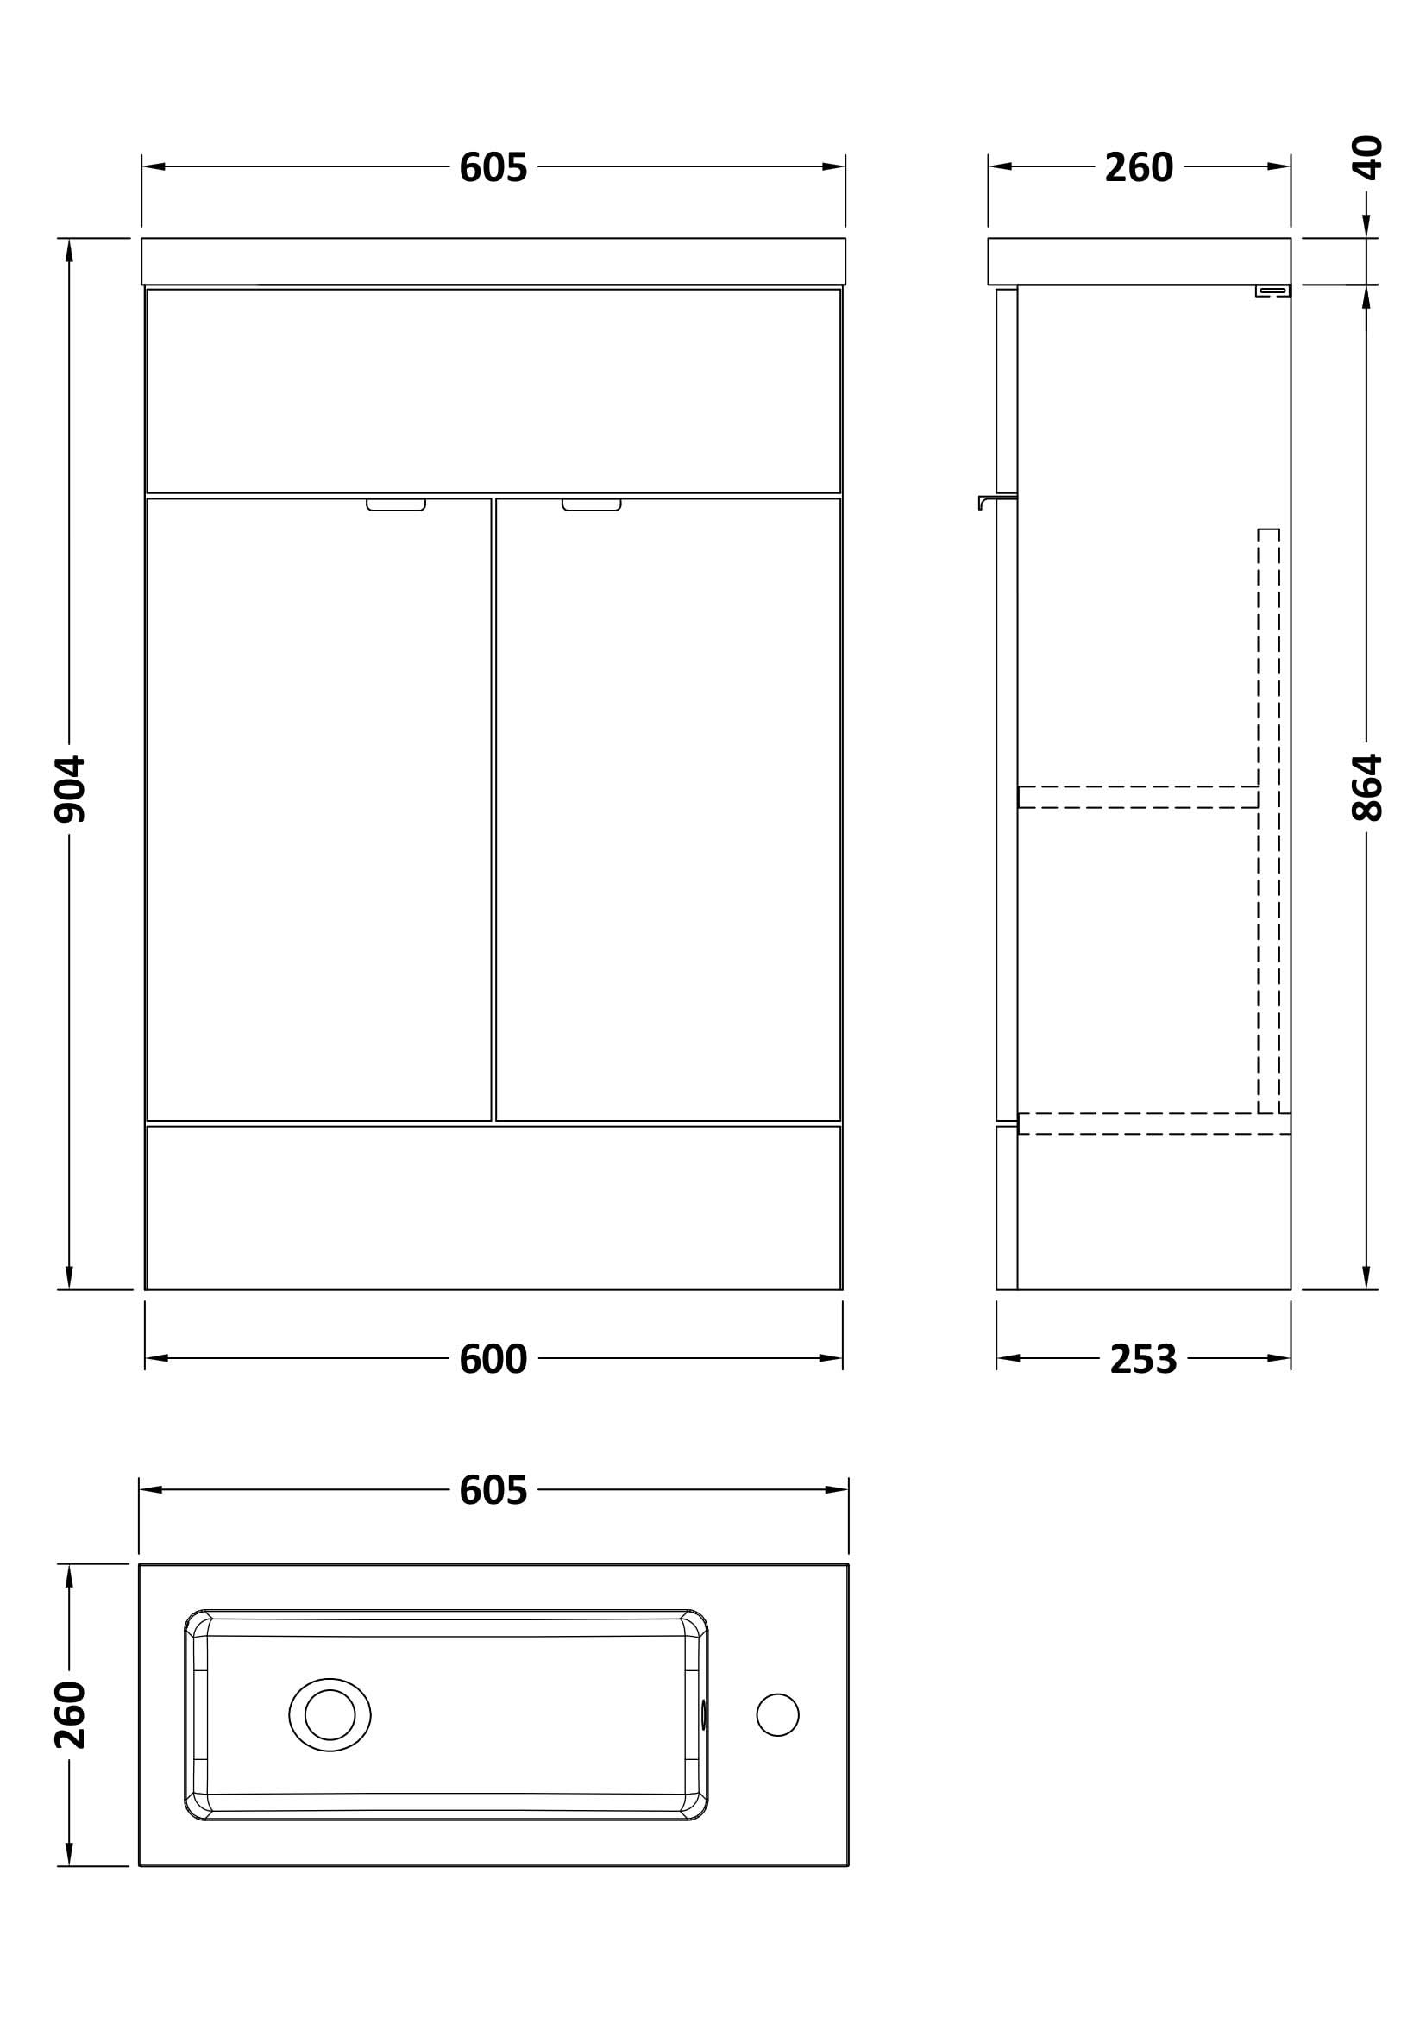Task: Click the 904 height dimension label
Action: (x=69, y=788)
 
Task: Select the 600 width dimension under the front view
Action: (x=493, y=1359)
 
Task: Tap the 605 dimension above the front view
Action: (x=493, y=167)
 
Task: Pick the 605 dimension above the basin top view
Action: (x=493, y=1490)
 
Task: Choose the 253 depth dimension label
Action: (x=1143, y=1359)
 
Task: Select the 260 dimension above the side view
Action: (x=1139, y=167)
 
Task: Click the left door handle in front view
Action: (x=395, y=504)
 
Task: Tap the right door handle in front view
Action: (x=590, y=504)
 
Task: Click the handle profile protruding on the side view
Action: (x=995, y=500)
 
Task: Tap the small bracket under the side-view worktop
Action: (x=1272, y=291)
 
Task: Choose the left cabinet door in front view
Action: (x=318, y=809)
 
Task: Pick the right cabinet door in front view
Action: (x=668, y=809)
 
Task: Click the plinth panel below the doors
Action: (x=493, y=1208)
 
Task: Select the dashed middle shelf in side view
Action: (x=1138, y=797)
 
